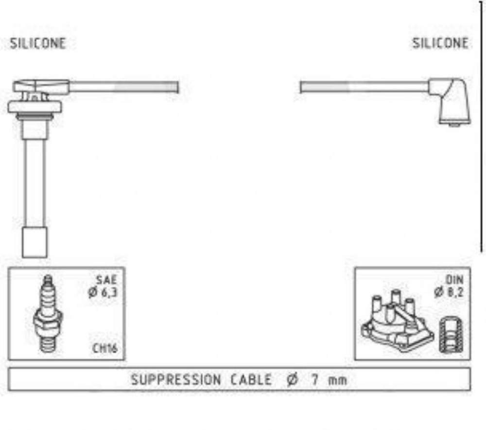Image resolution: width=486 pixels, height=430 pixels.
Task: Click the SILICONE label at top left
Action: (38, 43)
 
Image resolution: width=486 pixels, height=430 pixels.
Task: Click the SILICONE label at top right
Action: (440, 43)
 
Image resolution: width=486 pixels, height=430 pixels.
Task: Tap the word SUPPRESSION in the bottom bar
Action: (176, 380)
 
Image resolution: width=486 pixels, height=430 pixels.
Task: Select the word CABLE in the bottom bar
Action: (251, 380)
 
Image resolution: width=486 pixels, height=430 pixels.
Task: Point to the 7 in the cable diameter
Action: (315, 380)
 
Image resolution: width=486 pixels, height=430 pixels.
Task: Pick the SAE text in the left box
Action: (106, 280)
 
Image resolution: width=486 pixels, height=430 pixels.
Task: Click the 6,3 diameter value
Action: (109, 292)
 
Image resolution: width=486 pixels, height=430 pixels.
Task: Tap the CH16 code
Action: (105, 348)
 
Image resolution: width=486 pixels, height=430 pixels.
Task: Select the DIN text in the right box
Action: (454, 280)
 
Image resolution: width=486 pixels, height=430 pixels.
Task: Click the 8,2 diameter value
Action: (456, 292)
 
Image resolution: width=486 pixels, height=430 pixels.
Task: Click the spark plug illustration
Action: (48, 314)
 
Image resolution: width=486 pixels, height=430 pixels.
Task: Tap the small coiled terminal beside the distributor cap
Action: (451, 335)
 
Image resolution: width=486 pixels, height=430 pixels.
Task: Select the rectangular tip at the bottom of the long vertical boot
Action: (35, 242)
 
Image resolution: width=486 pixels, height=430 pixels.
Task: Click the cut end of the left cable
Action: (178, 87)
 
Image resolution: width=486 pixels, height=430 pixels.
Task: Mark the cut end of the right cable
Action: (300, 87)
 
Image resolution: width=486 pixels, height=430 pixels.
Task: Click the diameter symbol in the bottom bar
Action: (292, 380)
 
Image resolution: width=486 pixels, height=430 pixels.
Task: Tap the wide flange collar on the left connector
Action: (35, 107)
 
